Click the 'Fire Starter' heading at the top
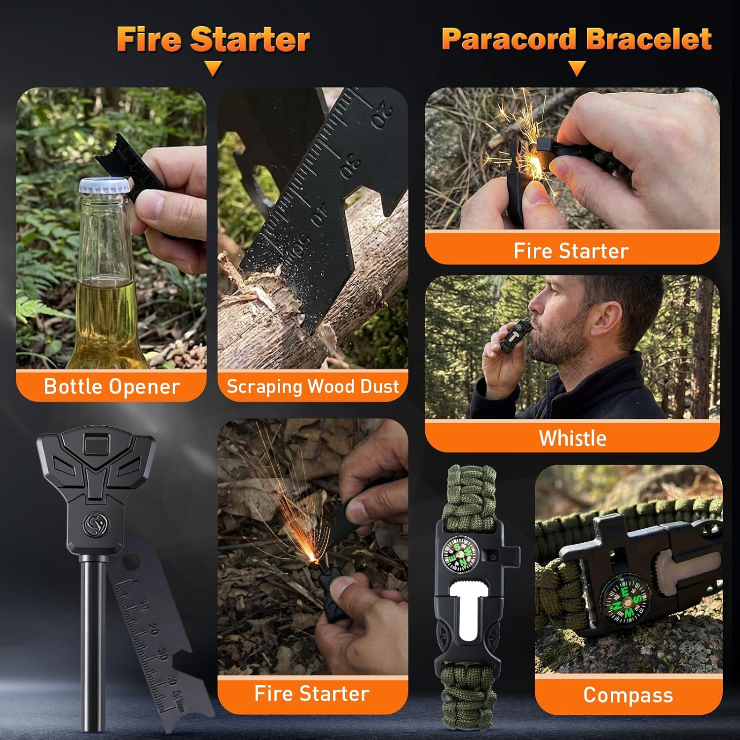point(213,39)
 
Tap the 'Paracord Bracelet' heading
point(576,39)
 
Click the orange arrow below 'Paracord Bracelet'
point(577,68)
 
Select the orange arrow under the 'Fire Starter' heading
point(213,68)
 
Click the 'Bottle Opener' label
point(111,387)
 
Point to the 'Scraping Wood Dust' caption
point(313,386)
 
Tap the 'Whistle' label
point(572,438)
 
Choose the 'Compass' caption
point(628,695)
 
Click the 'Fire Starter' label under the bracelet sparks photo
point(571,251)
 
